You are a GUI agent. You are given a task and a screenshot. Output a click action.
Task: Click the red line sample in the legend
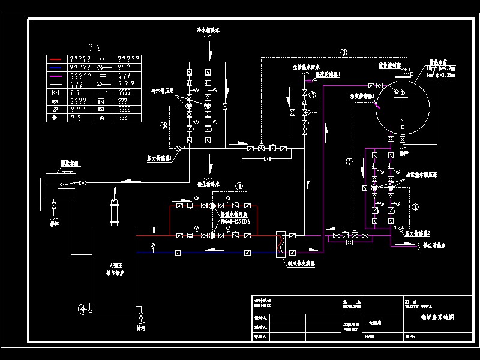click(x=57, y=59)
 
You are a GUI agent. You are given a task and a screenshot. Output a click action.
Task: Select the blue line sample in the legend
click(x=57, y=68)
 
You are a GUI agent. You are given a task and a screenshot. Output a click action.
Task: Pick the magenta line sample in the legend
click(x=57, y=76)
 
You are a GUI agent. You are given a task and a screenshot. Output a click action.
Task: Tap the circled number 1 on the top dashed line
click(x=344, y=52)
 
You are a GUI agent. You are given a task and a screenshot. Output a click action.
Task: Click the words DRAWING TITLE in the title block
click(x=418, y=304)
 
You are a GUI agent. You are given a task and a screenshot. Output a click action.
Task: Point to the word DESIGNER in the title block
click(x=263, y=304)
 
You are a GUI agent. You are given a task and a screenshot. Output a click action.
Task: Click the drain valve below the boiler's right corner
click(x=141, y=316)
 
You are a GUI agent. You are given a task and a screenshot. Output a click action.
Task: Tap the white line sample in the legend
click(x=57, y=85)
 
